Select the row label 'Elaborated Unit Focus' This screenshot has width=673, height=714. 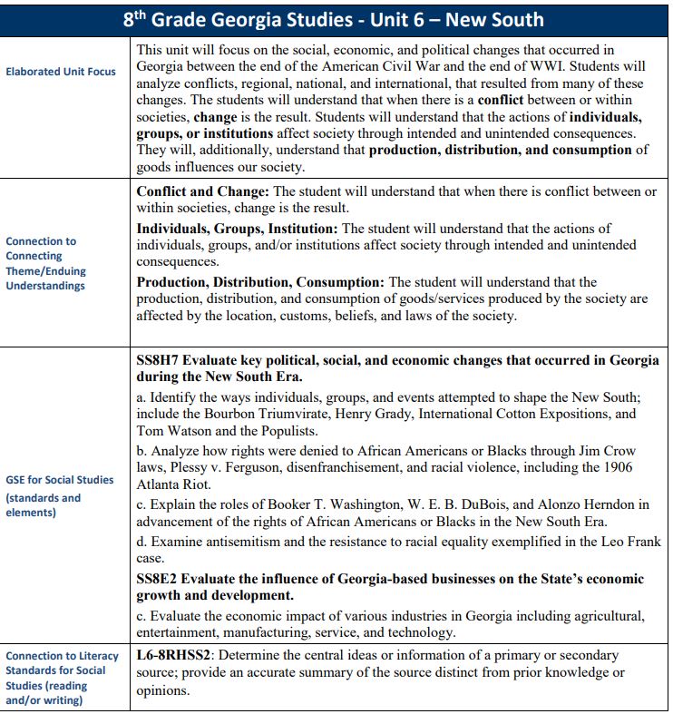pos(61,72)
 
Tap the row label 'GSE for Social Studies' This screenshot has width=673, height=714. pos(60,480)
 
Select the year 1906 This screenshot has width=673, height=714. pos(615,467)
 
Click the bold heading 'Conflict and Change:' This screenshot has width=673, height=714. pos(202,191)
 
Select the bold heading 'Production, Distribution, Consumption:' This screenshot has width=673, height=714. pos(260,282)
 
